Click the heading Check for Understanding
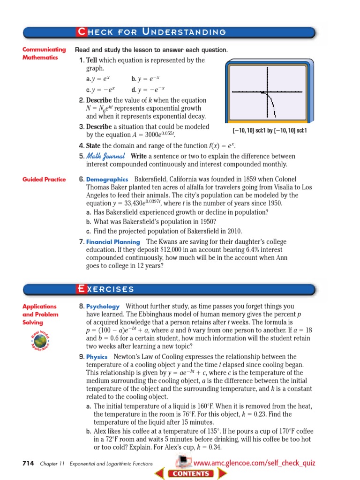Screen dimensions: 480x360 (151, 32)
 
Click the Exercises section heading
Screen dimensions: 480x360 (106, 289)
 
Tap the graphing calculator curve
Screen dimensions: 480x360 (271, 103)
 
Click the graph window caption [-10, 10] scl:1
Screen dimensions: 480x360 (270, 130)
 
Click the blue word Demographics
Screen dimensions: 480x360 (107, 180)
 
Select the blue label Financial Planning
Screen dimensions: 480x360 (113, 242)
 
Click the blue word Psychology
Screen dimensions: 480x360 (103, 306)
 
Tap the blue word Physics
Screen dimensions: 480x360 (97, 357)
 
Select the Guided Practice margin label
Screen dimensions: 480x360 (44, 180)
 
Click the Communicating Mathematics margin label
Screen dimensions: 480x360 (44, 53)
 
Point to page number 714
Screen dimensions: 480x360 (28, 463)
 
